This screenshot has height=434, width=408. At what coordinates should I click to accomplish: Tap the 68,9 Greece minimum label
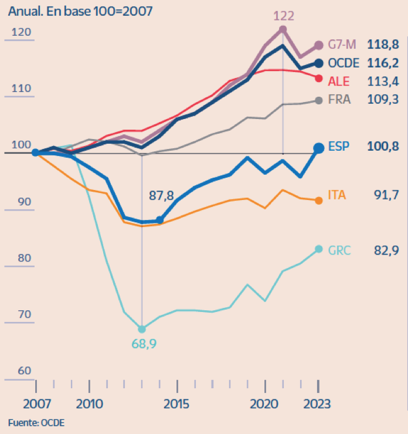(142, 343)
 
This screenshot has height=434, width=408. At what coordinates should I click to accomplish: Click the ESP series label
(339, 148)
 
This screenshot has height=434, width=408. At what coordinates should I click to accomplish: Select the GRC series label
(339, 250)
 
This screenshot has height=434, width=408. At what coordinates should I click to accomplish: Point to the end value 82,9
(386, 250)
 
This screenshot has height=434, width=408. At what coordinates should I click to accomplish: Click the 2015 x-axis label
(177, 404)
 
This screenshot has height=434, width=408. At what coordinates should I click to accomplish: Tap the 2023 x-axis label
(317, 404)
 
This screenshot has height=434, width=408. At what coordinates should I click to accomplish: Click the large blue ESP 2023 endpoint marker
(318, 148)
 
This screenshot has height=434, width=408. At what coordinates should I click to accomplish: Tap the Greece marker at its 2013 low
(142, 328)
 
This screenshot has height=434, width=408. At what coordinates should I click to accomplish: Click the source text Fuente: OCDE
(36, 422)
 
